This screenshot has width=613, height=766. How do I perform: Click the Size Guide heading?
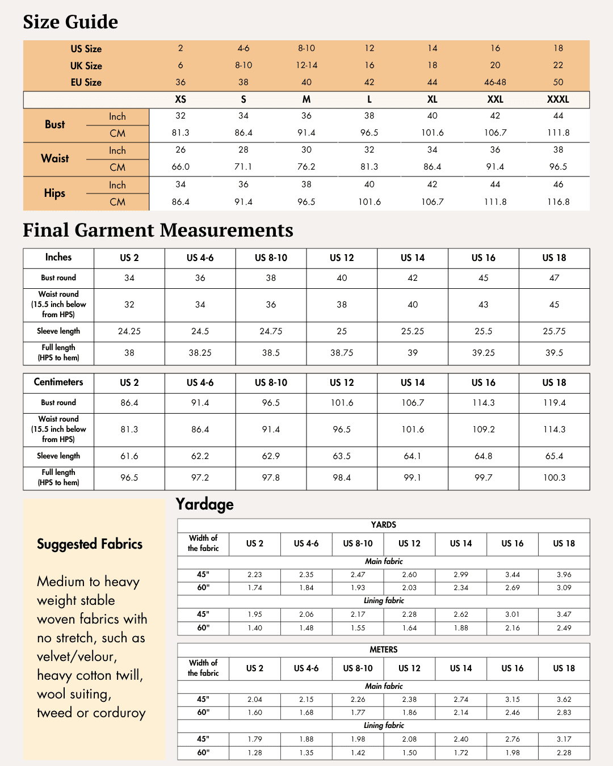click(x=70, y=22)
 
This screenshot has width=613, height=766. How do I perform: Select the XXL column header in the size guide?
click(x=495, y=99)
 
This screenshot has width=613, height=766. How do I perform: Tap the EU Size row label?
click(x=86, y=82)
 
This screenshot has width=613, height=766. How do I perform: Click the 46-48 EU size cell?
click(x=495, y=82)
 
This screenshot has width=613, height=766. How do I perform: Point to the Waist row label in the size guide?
click(x=55, y=159)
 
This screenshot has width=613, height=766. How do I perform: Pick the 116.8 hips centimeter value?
click(x=558, y=202)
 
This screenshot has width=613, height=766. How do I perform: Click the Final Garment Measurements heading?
click(x=158, y=230)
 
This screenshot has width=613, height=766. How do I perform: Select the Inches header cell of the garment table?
click(x=58, y=258)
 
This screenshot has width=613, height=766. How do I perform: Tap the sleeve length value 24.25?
click(x=129, y=331)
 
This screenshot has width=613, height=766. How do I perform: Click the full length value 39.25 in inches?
click(x=484, y=353)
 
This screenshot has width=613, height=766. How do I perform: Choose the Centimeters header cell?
click(x=58, y=382)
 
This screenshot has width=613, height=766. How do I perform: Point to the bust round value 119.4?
click(x=554, y=403)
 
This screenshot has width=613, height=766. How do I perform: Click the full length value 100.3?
click(x=554, y=478)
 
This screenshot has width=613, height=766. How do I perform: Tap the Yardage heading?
click(x=204, y=504)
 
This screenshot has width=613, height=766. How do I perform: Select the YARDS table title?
click(x=384, y=525)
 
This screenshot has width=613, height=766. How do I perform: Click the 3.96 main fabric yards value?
click(x=564, y=575)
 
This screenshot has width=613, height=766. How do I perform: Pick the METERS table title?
click(x=384, y=650)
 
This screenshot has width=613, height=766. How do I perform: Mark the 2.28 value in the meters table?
click(x=564, y=753)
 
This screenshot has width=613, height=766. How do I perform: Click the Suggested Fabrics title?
click(x=90, y=544)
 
